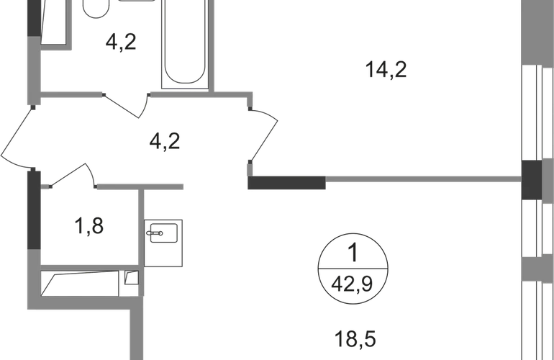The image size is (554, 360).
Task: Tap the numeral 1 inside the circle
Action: click(x=353, y=254)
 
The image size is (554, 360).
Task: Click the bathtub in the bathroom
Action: click(x=186, y=43)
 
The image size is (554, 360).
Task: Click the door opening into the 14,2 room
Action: click(x=265, y=134)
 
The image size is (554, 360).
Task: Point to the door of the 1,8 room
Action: click(x=75, y=175)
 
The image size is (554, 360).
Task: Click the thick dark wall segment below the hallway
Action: click(x=287, y=184)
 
